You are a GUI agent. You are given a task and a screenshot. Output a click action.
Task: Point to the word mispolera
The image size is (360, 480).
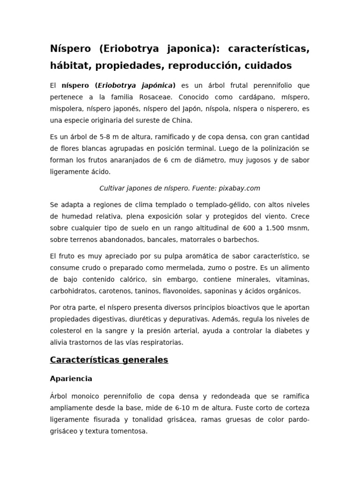click(66, 109)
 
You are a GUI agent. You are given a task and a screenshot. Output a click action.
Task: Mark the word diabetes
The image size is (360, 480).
click(286, 330)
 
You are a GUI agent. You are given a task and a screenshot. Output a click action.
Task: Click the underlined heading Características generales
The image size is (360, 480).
click(109, 360)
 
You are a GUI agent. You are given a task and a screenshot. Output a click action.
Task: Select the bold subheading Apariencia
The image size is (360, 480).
click(71, 378)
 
